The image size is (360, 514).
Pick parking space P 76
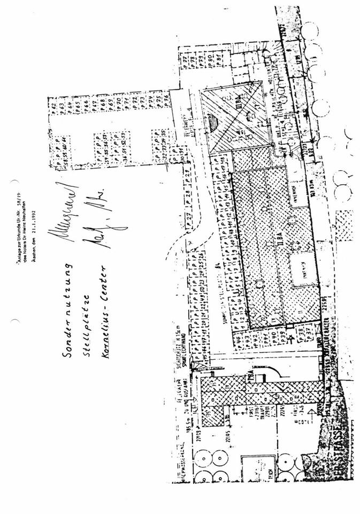click(166, 97)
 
